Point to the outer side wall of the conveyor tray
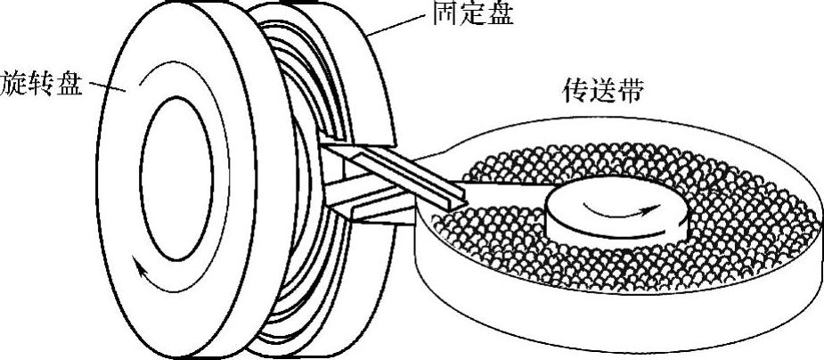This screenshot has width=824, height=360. (x=624, y=312)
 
